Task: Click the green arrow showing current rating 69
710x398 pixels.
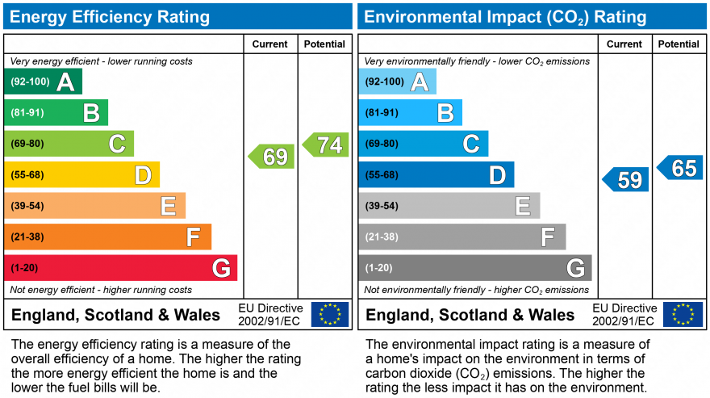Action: click(272, 156)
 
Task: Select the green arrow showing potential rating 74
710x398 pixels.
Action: click(326, 145)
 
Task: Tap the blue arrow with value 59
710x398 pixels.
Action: click(626, 179)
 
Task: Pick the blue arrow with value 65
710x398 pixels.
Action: click(680, 167)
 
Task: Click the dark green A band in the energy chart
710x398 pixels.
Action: click(44, 82)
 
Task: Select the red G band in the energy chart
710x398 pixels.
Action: click(121, 267)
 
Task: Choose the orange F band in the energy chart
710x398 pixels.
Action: click(108, 237)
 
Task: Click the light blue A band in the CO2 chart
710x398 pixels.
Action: click(398, 82)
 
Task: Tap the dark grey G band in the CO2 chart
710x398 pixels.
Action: click(475, 267)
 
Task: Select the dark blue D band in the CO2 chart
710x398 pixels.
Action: click(436, 174)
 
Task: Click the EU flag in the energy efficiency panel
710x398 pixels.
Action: click(330, 314)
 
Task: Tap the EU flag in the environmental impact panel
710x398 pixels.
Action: click(683, 314)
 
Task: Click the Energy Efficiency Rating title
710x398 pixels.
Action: click(111, 17)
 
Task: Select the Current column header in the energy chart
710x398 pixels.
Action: click(270, 44)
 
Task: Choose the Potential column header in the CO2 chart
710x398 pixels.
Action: click(679, 44)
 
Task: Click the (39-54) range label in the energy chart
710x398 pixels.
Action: click(27, 206)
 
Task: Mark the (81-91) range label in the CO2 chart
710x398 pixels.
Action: click(382, 113)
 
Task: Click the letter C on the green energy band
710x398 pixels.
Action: click(118, 144)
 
